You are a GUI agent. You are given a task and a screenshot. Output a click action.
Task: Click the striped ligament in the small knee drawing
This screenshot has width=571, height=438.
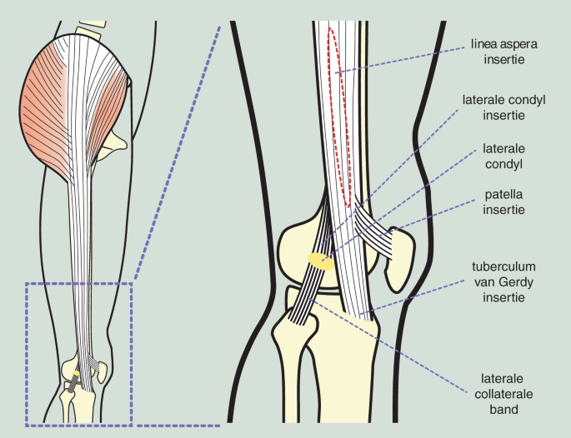tap(73, 382)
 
